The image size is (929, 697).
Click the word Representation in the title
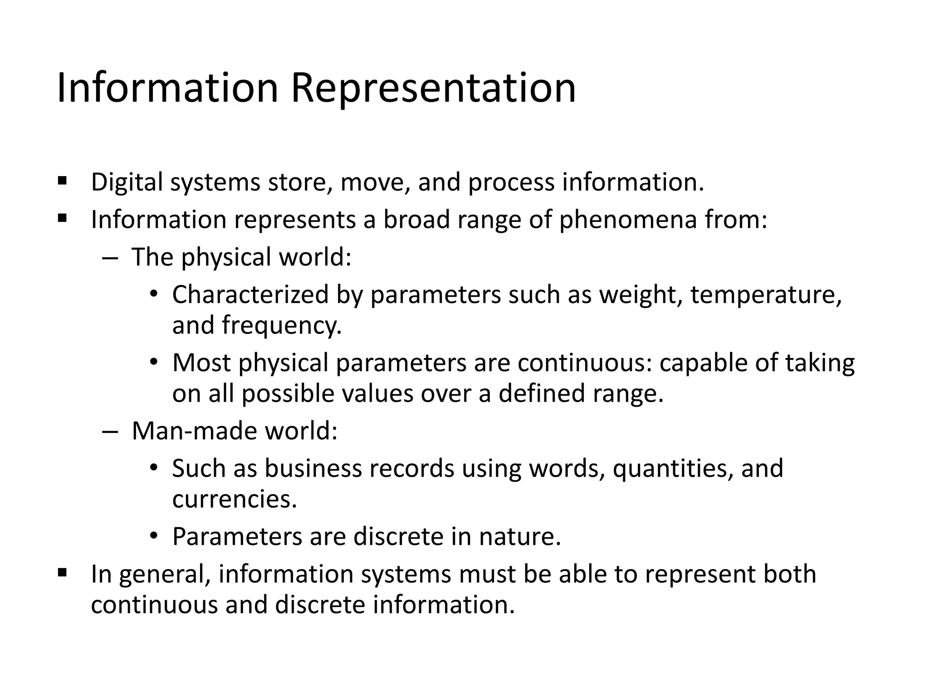click(x=433, y=88)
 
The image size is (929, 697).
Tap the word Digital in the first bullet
click(x=127, y=182)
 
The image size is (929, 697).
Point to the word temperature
click(x=766, y=295)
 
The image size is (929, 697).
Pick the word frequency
click(x=281, y=326)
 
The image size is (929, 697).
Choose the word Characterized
click(x=250, y=295)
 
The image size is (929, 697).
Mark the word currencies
click(x=235, y=499)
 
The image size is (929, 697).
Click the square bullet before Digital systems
click(x=62, y=182)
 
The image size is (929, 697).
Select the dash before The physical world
click(x=110, y=258)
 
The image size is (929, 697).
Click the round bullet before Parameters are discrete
click(x=154, y=536)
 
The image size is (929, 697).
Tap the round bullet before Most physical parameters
click(x=154, y=363)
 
